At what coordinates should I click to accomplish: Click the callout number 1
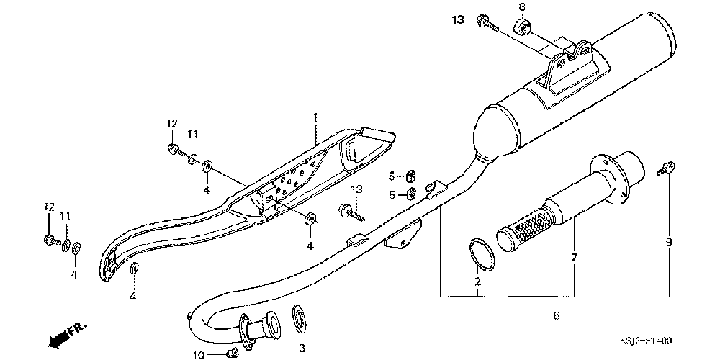315,117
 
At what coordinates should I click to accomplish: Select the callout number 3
302,348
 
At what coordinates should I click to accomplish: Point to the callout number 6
557,315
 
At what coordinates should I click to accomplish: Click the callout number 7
574,257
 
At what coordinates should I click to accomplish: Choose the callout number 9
668,243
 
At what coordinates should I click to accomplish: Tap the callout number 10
199,354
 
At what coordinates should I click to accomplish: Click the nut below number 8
522,28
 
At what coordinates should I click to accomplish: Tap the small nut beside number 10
231,352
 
